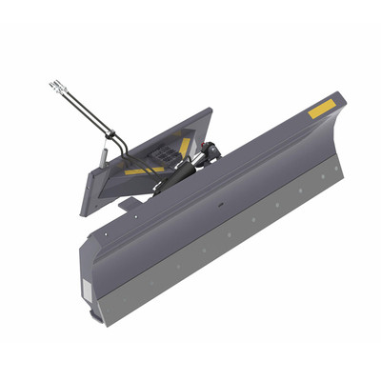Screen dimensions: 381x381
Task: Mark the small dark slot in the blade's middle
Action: (x=221, y=203)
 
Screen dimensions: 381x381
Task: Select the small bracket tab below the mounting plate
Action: (x=126, y=202)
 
